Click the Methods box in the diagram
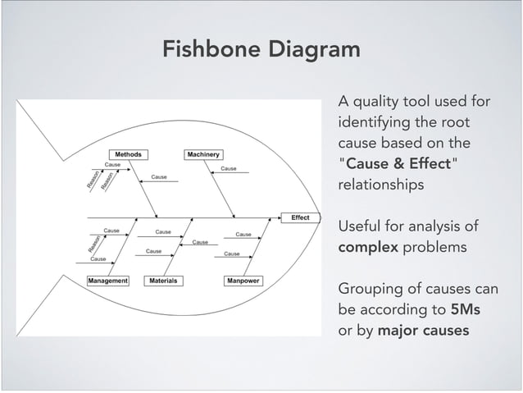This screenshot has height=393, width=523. click(127, 154)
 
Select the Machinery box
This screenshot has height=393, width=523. click(203, 154)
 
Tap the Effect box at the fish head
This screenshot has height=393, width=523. click(300, 217)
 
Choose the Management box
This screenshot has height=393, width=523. click(108, 281)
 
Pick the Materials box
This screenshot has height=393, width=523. click(163, 281)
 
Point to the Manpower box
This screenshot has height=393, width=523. click(243, 281)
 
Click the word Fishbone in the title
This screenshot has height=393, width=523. click(209, 49)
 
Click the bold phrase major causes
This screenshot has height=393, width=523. click(423, 331)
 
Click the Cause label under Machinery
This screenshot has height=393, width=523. click(229, 168)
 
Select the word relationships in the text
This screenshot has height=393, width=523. click(381, 185)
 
